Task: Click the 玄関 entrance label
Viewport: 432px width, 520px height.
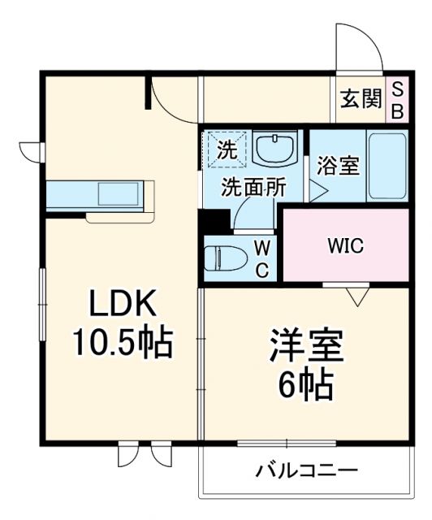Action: tap(361, 100)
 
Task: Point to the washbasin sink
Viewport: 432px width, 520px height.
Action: tap(275, 148)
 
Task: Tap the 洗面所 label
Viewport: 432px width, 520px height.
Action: tap(255, 187)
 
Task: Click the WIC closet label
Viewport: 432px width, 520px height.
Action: tap(345, 245)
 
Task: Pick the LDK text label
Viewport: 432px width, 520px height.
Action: tap(124, 307)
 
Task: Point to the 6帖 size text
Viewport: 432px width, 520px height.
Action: tap(307, 385)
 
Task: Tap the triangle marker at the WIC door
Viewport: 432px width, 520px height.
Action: tap(358, 297)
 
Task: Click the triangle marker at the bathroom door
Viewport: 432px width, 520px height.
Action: tap(319, 192)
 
